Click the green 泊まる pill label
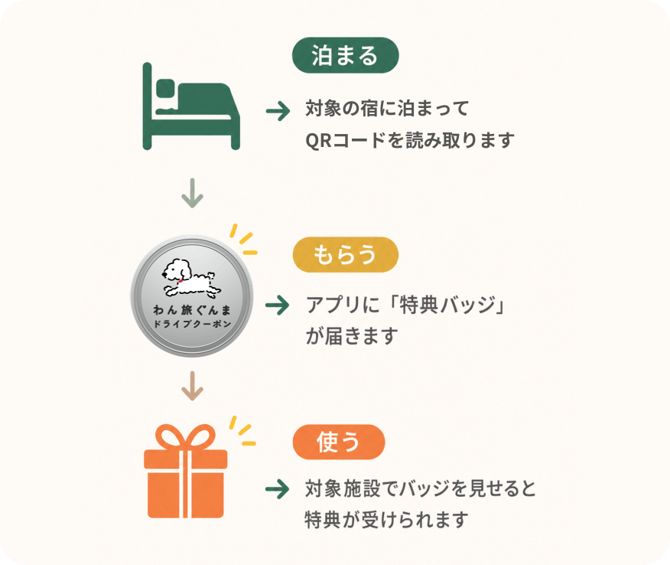click(x=345, y=55)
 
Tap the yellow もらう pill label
click(x=345, y=254)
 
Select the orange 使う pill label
click(x=339, y=442)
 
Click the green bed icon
click(x=191, y=106)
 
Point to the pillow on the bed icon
click(x=165, y=88)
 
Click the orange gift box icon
click(x=185, y=471)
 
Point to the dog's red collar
click(x=181, y=280)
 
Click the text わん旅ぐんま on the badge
click(x=192, y=309)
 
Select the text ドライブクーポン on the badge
click(x=192, y=324)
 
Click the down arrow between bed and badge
click(x=192, y=193)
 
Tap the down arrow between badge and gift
click(x=192, y=386)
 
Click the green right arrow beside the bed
click(x=278, y=111)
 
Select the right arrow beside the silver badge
click(x=278, y=305)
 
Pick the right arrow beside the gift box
click(x=278, y=489)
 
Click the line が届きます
click(x=352, y=336)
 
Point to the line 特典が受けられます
click(x=386, y=520)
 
